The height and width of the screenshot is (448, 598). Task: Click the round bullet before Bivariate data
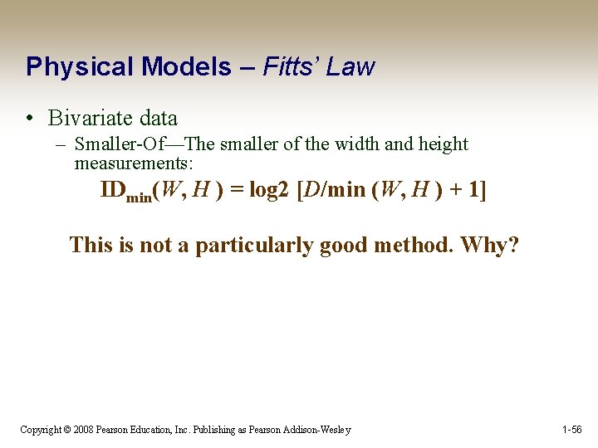29,119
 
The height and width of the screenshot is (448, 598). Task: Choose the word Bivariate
86,119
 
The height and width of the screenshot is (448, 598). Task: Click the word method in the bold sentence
414,245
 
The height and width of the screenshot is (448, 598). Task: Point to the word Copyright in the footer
41,430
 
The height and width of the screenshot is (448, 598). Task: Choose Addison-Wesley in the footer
317,430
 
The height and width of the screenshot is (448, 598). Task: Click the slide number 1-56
571,430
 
